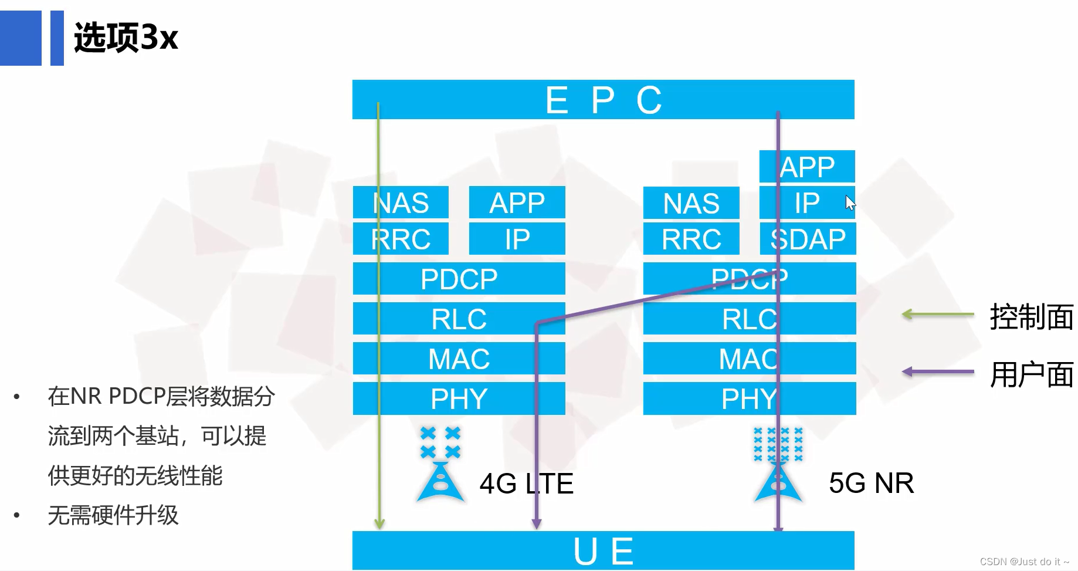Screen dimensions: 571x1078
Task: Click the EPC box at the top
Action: pyautogui.click(x=603, y=100)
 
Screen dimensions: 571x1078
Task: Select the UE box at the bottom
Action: pyautogui.click(x=603, y=550)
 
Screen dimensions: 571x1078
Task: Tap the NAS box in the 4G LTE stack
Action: pyautogui.click(x=401, y=202)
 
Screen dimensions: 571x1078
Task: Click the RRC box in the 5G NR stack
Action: pyautogui.click(x=691, y=238)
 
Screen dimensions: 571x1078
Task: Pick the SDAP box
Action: pyautogui.click(x=808, y=238)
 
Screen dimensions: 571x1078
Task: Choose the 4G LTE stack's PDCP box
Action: pyautogui.click(x=459, y=279)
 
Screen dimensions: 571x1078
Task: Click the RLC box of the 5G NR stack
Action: pyautogui.click(x=749, y=319)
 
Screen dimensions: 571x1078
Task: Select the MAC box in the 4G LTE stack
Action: pyautogui.click(x=459, y=359)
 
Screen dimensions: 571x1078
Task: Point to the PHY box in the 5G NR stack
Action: pyautogui.click(x=749, y=398)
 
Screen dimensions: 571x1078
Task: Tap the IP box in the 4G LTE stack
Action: pyautogui.click(x=517, y=238)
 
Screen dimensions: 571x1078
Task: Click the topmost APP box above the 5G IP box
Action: pyautogui.click(x=807, y=167)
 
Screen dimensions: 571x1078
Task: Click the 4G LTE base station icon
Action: pyautogui.click(x=440, y=467)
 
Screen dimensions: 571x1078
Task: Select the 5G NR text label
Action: pyautogui.click(x=871, y=483)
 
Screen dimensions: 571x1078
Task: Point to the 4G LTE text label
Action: pyautogui.click(x=526, y=484)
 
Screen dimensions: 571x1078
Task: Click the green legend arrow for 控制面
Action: pyautogui.click(x=937, y=315)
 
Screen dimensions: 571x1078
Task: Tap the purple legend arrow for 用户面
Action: pyautogui.click(x=937, y=371)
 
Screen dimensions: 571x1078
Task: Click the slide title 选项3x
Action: pyautogui.click(x=126, y=38)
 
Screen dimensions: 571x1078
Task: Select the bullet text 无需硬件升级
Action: pyautogui.click(x=113, y=515)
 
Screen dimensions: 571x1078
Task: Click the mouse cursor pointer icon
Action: pyautogui.click(x=850, y=202)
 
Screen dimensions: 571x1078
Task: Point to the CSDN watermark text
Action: pyautogui.click(x=1024, y=562)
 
